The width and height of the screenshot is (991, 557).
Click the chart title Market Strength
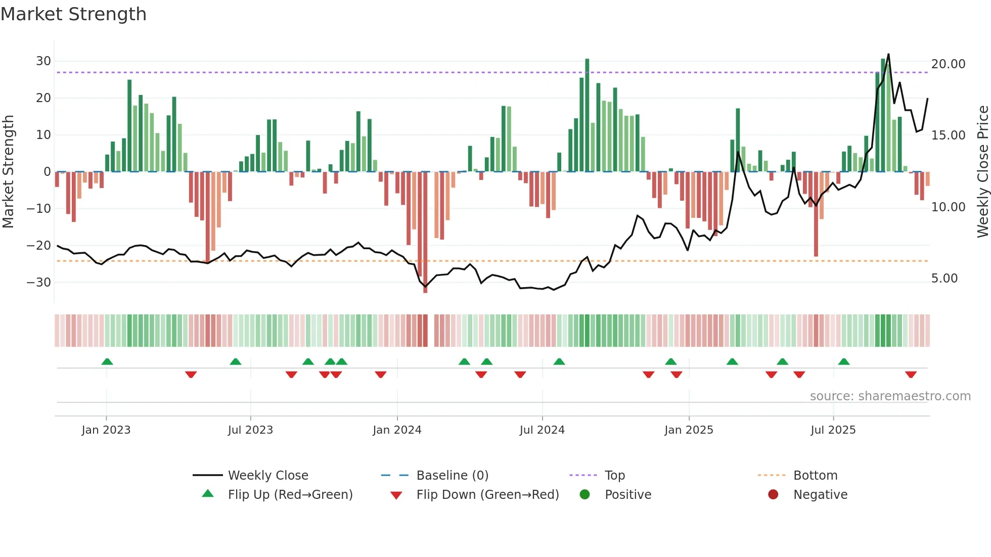73,14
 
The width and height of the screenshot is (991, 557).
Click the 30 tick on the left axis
43,61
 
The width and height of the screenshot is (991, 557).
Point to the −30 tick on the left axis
39,282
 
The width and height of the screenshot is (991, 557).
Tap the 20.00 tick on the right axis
948,64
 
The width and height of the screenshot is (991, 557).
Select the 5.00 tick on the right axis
944,278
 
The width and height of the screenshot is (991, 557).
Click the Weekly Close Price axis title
982,171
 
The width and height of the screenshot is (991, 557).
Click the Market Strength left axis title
8,171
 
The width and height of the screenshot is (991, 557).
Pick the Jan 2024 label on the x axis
397,430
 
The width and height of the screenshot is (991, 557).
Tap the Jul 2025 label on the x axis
833,430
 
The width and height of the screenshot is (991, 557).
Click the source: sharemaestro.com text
890,396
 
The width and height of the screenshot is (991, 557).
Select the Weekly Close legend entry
267,476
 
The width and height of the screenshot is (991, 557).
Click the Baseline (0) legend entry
452,476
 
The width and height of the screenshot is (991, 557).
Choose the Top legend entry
614,476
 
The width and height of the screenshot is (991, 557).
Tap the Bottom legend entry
815,476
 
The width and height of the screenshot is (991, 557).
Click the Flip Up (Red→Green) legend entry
290,495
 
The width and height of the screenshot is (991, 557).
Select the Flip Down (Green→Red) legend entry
487,495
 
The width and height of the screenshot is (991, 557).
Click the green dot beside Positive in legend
585,495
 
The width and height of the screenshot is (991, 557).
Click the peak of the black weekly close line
888,55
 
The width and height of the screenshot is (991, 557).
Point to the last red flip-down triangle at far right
911,375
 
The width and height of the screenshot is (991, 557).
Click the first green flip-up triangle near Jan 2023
107,361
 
